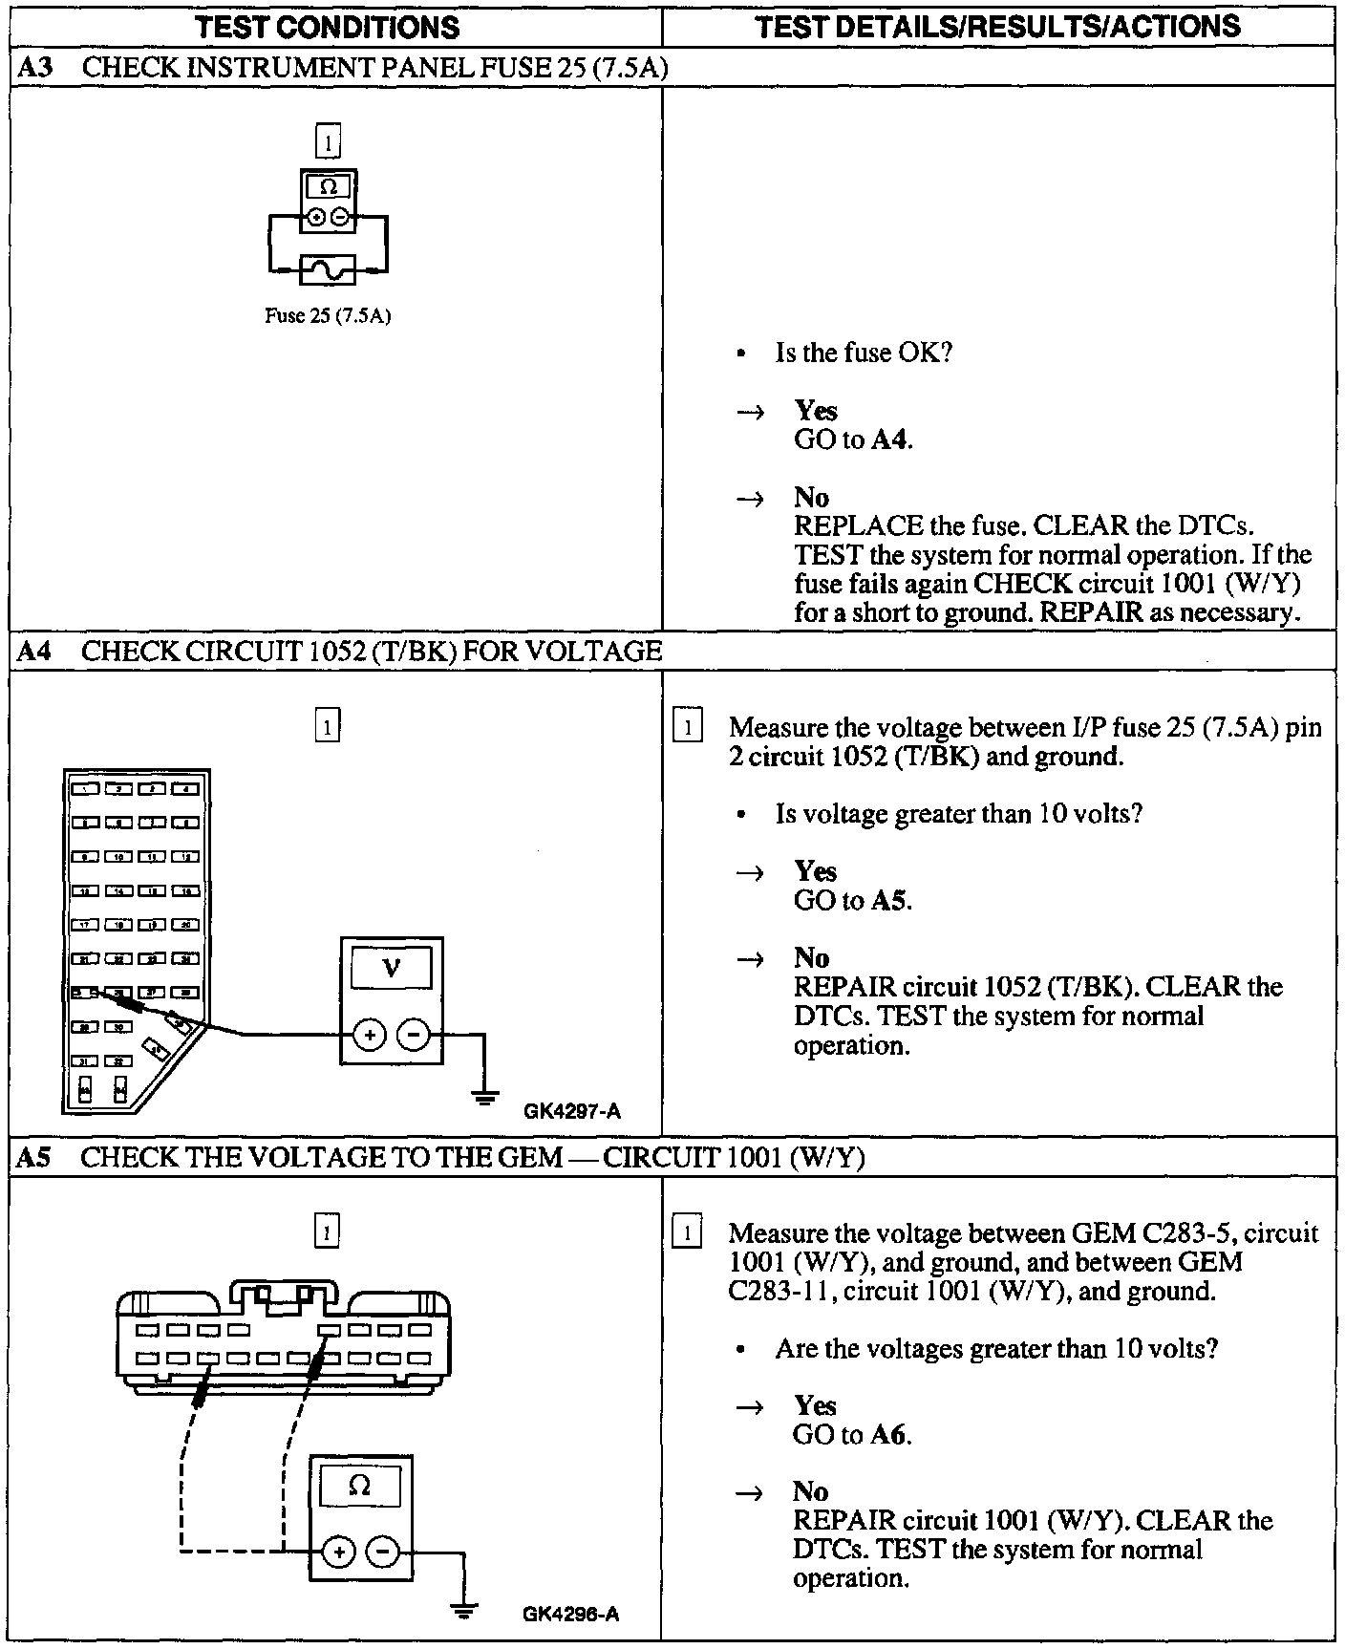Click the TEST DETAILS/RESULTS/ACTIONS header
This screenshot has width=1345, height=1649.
click(997, 26)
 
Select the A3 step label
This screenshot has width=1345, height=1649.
click(34, 67)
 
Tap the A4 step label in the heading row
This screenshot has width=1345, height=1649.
click(34, 652)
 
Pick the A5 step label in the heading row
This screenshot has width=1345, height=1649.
click(34, 1158)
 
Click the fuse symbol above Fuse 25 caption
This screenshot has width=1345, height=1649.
click(328, 270)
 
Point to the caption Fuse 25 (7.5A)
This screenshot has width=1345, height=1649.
click(328, 316)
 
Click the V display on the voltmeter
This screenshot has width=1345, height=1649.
click(391, 969)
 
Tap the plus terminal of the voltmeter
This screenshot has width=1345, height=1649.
click(370, 1034)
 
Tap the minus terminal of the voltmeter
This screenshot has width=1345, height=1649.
click(413, 1034)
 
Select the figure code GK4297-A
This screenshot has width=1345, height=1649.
click(572, 1111)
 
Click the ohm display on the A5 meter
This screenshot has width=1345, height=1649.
click(359, 1485)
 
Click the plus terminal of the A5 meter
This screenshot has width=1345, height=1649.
click(338, 1552)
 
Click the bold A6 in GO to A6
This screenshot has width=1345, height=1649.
click(889, 1434)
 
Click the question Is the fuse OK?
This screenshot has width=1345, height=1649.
click(864, 353)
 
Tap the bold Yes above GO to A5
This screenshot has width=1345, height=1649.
click(815, 871)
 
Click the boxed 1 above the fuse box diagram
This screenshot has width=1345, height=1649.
click(327, 727)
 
